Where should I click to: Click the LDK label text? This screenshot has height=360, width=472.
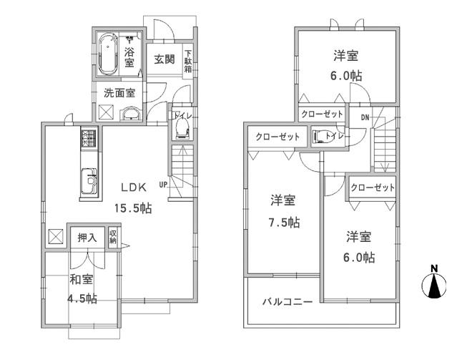point(133,188)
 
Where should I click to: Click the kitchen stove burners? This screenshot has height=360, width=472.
point(88,138)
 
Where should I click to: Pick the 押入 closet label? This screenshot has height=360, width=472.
point(87,237)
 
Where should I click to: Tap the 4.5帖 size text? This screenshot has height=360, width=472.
point(82,299)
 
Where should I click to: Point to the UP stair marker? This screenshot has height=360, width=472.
point(164,184)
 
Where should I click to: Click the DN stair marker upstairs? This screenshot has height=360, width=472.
point(365,117)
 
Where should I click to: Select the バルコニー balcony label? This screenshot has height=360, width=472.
point(286,302)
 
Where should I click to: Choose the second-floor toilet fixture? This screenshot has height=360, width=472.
point(319,136)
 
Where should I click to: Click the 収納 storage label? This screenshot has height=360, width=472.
point(113,237)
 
